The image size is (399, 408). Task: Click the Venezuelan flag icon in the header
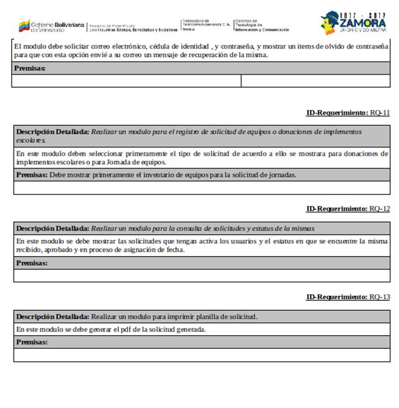tap(24, 26)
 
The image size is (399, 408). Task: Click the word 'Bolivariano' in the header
tap(69, 24)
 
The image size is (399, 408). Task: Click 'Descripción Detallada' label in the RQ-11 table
tap(52, 132)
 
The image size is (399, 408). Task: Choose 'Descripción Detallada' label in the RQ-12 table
tap(52, 229)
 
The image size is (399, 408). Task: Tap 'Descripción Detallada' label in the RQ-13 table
tap(52, 317)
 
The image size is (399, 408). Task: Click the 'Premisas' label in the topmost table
tap(29, 68)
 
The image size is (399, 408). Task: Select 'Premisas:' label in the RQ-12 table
tap(32, 263)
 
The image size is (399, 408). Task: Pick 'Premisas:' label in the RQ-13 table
tap(32, 343)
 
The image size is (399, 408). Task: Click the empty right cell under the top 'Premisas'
tap(316, 80)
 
